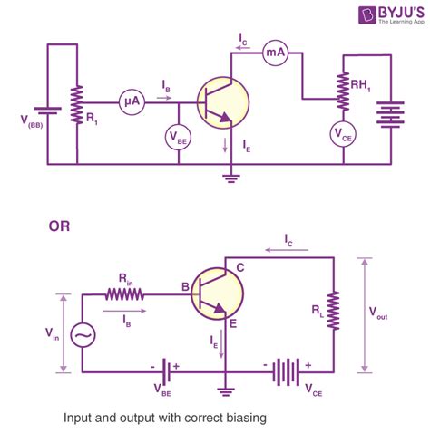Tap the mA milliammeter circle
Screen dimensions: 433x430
(x=276, y=54)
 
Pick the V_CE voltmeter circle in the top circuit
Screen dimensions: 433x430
(x=343, y=135)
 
